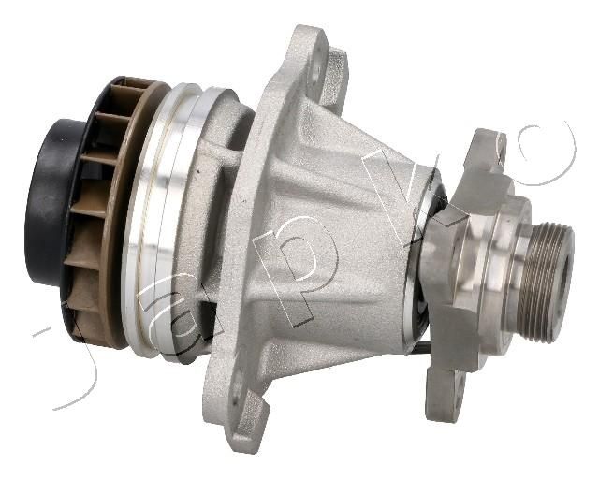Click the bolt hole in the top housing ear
click(314, 74)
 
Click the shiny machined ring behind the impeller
click(160, 214)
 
